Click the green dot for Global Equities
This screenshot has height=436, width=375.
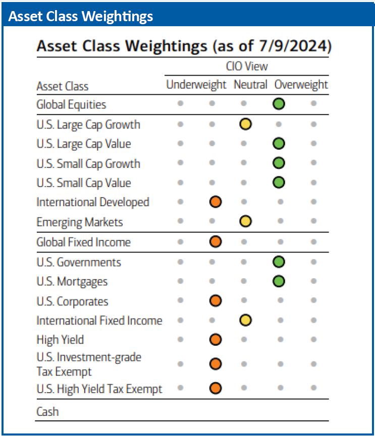279,104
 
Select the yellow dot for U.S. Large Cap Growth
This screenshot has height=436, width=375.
246,124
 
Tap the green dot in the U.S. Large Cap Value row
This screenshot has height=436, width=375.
279,144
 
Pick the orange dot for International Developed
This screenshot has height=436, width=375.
216,202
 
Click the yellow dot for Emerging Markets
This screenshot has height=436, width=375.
246,222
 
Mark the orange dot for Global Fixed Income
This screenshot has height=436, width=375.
216,242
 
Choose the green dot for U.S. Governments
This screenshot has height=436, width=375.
279,262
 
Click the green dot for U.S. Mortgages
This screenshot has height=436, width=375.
279,281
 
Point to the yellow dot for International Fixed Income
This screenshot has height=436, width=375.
246,321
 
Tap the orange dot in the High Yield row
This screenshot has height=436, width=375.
216,340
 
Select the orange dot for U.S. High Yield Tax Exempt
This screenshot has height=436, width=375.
216,389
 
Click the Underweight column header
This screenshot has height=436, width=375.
196,85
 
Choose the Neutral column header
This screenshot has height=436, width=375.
250,85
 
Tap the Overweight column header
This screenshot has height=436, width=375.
301,85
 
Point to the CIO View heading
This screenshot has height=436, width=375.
247,67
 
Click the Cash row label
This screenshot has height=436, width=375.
47,411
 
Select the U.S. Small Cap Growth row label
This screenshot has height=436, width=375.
88,164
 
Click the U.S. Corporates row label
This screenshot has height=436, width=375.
72,301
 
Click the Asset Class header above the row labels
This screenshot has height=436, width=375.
62,86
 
